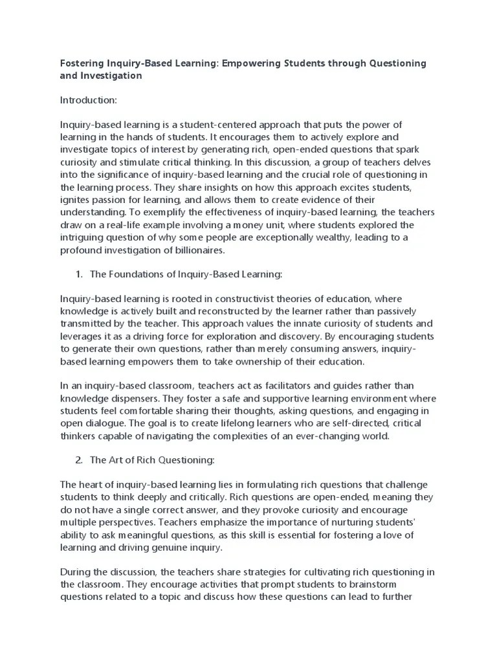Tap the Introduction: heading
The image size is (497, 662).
(89, 100)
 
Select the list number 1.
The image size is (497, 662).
(79, 274)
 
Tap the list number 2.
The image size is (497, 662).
(79, 460)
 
